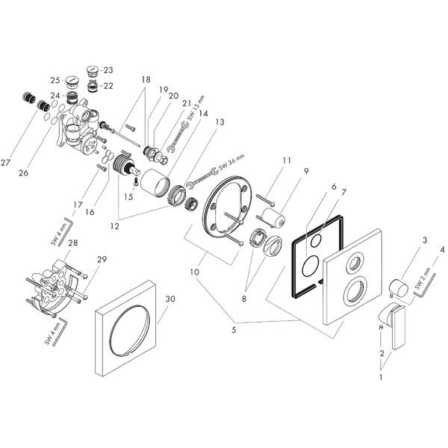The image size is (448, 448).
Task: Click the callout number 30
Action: pos(170,299)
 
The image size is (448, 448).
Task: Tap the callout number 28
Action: pos(72,244)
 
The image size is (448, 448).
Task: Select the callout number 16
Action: pos(90,212)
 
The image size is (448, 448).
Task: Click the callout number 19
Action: pos(164,89)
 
